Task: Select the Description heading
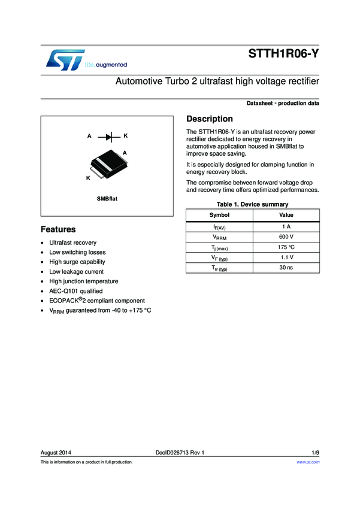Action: point(210,119)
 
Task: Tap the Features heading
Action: point(58,229)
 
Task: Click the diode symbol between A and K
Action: point(108,136)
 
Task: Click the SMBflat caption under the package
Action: point(107,198)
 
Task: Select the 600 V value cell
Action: point(286,237)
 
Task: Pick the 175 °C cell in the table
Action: point(286,247)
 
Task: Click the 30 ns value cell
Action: point(286,268)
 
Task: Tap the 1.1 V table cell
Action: point(286,257)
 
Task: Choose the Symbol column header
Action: point(219,215)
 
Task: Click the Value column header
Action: point(286,215)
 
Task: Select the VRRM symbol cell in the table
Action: point(220,237)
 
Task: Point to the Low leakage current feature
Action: point(76,271)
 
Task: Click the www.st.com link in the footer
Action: point(308,462)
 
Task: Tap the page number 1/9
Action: point(315,452)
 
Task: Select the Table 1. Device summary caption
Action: point(252,204)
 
